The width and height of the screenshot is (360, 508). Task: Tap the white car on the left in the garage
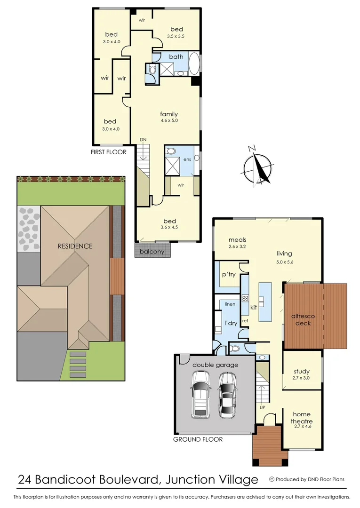point(200,394)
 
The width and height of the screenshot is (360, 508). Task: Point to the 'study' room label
point(301,371)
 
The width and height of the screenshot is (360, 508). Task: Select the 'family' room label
point(169,114)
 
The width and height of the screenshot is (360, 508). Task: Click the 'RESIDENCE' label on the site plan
point(75,246)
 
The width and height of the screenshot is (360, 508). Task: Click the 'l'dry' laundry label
point(230,323)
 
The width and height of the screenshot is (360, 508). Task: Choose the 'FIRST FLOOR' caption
point(109,152)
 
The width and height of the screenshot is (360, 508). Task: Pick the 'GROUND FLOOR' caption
point(198,439)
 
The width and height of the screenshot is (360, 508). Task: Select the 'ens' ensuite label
point(187,159)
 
